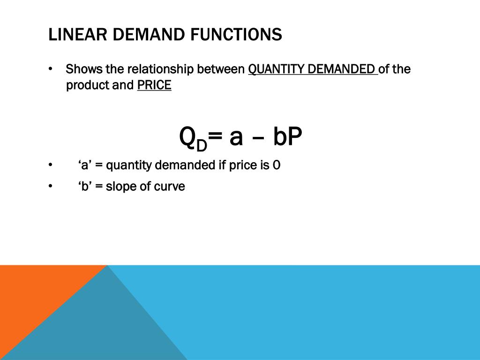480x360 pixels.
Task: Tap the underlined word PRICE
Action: coord(154,86)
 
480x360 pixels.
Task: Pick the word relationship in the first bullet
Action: coord(160,69)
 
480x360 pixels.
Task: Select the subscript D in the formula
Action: coord(201,145)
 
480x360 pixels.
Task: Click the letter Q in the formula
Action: coord(187,137)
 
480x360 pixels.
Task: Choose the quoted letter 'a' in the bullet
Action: coord(84,165)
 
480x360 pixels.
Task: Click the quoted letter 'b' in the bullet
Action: coord(84,187)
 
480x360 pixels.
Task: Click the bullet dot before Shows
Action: coord(50,70)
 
